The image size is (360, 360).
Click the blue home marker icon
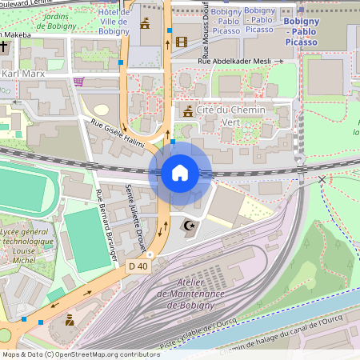point(180,173)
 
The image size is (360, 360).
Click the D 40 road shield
point(137,266)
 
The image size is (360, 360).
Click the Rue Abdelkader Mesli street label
point(239,60)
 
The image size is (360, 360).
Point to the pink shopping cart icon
point(78,81)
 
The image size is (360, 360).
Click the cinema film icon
point(182,42)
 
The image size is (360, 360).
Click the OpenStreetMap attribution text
point(80,354)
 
